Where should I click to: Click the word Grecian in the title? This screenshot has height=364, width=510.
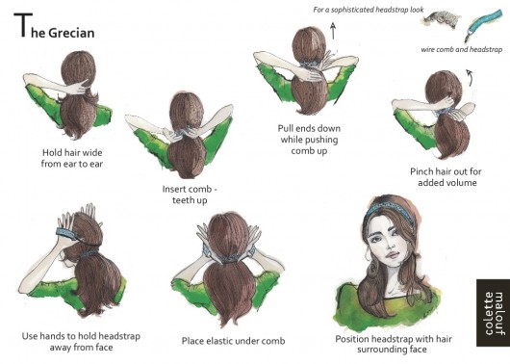[x=71, y=33]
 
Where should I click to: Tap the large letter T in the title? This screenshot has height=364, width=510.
[x=23, y=25]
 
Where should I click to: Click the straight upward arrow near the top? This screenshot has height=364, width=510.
[x=333, y=31]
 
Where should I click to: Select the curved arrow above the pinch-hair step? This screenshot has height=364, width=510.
[x=470, y=77]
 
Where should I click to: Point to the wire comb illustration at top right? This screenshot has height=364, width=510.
[x=441, y=18]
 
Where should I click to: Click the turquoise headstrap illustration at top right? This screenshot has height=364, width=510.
[x=484, y=23]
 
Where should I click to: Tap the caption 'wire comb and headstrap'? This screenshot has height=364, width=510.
[x=462, y=49]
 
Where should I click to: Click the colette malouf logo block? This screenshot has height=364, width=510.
[x=493, y=313]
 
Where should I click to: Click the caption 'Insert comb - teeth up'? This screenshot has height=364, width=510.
[x=190, y=195]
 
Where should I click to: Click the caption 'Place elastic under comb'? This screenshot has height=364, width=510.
[x=233, y=341]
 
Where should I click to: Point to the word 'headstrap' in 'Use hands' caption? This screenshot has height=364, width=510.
[x=119, y=336]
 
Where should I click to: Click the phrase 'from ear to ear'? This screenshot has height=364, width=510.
[x=72, y=164]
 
